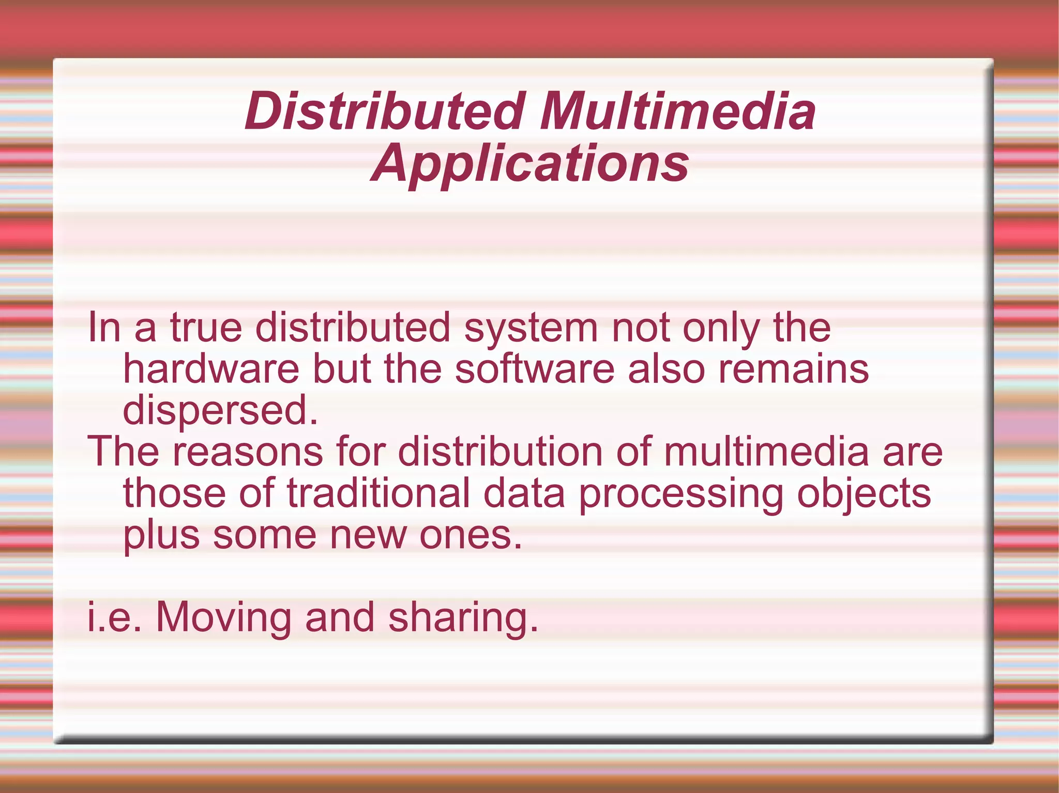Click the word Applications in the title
pos(530,164)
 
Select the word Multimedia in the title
pos(677,111)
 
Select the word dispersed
pos(220,411)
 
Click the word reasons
pos(248,452)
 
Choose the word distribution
pos(500,452)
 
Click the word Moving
pos(223,618)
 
